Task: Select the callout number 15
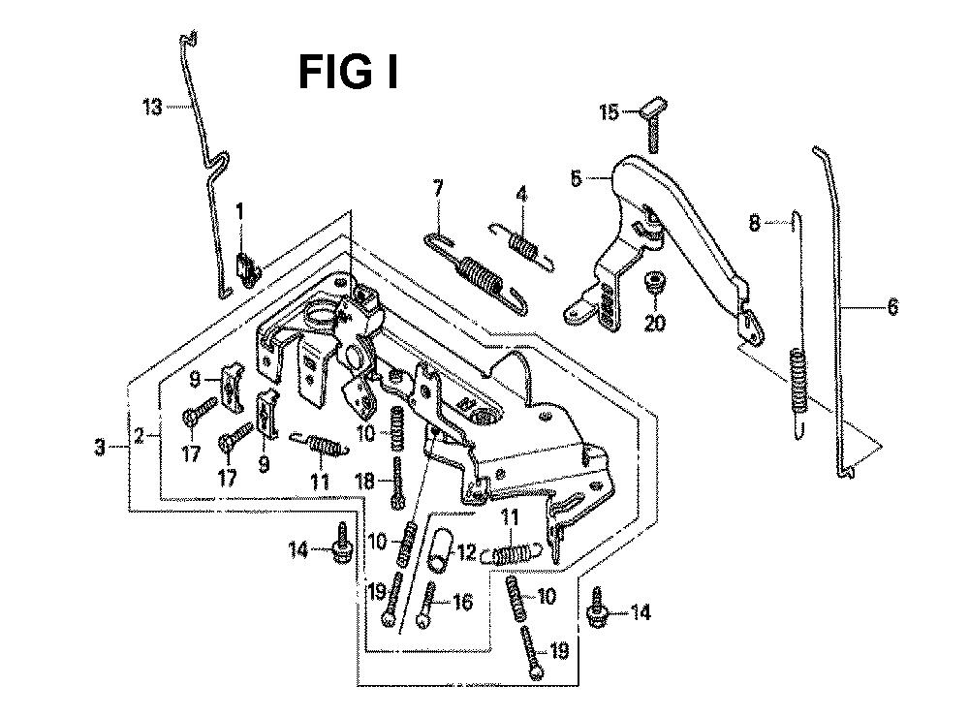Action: pyautogui.click(x=609, y=113)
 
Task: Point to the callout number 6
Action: pyautogui.click(x=892, y=308)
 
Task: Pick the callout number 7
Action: pyautogui.click(x=438, y=186)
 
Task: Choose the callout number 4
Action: pyautogui.click(x=521, y=194)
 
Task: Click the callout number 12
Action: pyautogui.click(x=466, y=553)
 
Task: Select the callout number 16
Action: pyautogui.click(x=462, y=603)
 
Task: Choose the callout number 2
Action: pyautogui.click(x=141, y=436)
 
